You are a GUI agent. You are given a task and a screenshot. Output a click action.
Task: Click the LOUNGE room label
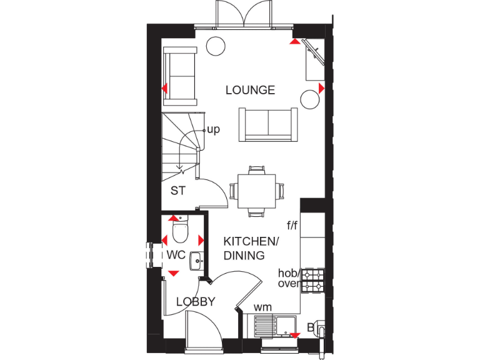(250, 90)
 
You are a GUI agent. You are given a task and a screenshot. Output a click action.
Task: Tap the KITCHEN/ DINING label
(251, 248)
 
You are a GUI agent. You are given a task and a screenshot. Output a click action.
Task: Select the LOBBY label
(195, 302)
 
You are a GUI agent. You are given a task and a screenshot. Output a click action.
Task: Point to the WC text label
(176, 255)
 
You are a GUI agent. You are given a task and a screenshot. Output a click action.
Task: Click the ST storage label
(177, 191)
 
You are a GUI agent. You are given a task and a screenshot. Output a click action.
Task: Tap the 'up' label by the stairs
(214, 130)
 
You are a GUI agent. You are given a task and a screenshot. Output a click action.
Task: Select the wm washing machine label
(262, 307)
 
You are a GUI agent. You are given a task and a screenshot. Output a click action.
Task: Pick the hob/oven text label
(290, 278)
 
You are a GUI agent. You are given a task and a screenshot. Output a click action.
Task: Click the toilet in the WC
(180, 232)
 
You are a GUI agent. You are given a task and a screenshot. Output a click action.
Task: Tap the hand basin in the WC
(196, 258)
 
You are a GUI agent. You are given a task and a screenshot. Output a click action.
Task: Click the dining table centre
(256, 190)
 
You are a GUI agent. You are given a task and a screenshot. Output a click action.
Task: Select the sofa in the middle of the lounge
(268, 124)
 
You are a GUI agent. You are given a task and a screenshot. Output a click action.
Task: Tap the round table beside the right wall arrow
(309, 98)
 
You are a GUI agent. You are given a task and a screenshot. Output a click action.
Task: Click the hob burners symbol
(312, 280)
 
